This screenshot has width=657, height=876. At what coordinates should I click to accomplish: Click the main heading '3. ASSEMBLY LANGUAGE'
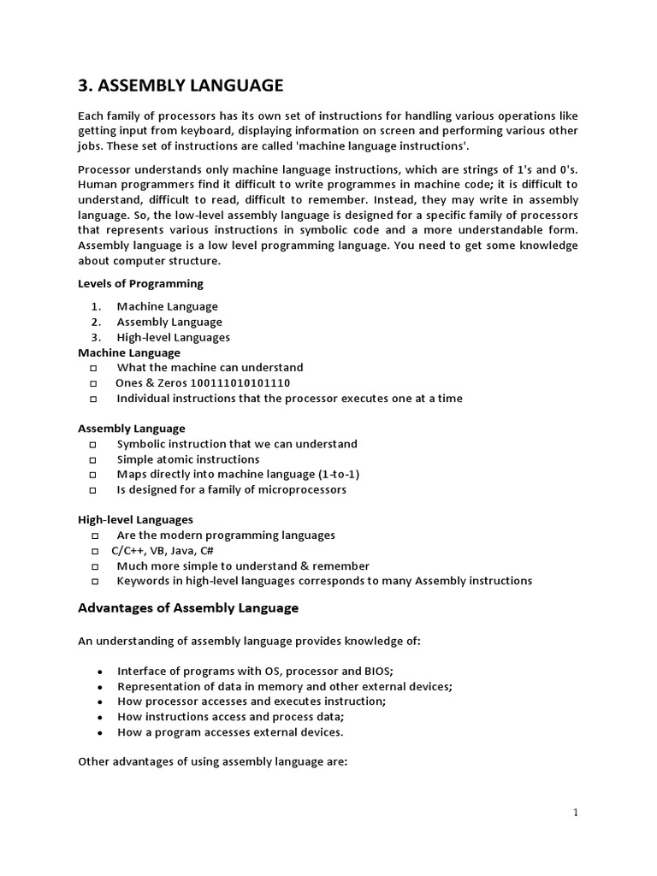[180, 86]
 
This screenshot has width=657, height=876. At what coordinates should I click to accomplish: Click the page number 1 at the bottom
[576, 813]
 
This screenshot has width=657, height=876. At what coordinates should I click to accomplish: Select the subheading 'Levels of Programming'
[140, 283]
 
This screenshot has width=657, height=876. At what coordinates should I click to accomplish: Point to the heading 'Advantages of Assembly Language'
[188, 608]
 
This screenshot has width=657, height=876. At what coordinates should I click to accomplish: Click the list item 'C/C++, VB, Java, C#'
[165, 550]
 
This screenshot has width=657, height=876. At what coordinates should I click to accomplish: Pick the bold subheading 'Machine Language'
[129, 352]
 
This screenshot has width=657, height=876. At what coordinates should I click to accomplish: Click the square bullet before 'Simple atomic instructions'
[93, 460]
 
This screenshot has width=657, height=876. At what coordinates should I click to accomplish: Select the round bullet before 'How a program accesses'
[101, 733]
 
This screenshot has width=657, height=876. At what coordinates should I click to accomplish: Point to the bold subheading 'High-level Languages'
[135, 519]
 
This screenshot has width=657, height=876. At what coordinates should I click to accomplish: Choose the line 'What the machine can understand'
[210, 367]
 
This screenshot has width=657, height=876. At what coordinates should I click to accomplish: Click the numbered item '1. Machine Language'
[167, 306]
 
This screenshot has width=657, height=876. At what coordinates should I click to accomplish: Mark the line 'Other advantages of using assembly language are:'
[212, 761]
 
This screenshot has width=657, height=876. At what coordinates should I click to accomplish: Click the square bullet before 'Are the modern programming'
[93, 536]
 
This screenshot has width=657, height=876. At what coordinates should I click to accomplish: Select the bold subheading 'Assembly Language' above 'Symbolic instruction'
[132, 428]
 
